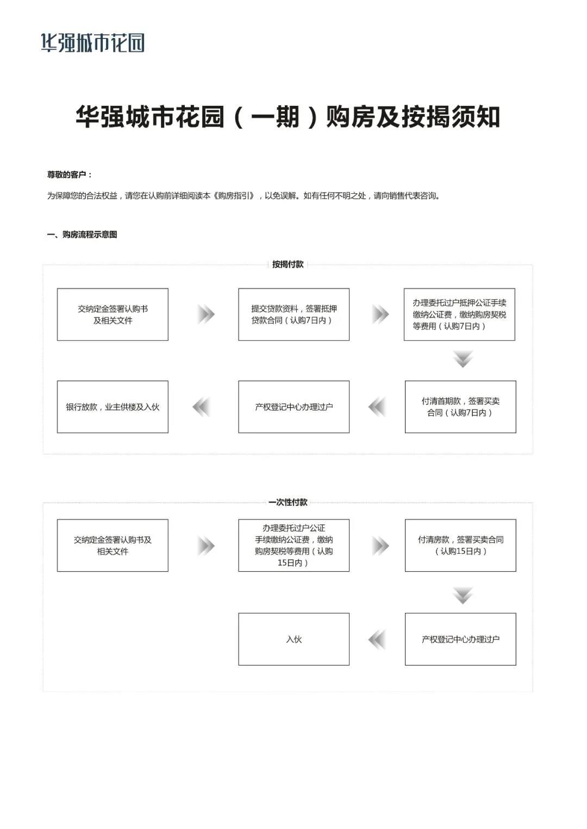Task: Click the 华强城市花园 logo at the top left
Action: click(93, 42)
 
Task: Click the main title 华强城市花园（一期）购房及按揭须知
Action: click(288, 117)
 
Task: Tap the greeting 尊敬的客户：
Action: click(70, 175)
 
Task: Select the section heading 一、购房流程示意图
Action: click(82, 235)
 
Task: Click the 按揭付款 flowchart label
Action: click(288, 264)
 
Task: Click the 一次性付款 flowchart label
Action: click(288, 502)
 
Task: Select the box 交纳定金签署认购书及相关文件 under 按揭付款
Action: click(113, 315)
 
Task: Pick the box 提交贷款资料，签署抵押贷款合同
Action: click(293, 315)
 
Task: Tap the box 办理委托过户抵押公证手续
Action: click(459, 315)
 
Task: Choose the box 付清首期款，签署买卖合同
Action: click(460, 407)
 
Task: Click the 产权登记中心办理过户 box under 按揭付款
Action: click(293, 407)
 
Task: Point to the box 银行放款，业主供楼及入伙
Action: click(113, 407)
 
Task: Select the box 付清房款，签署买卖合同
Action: click(460, 545)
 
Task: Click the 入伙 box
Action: click(293, 639)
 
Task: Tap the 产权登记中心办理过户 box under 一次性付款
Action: click(460, 639)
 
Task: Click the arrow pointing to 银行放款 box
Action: click(202, 407)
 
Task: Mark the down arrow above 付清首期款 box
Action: click(463, 359)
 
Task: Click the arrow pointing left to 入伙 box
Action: click(377, 640)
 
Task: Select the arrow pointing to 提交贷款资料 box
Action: click(206, 314)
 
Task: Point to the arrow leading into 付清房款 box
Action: click(380, 546)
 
